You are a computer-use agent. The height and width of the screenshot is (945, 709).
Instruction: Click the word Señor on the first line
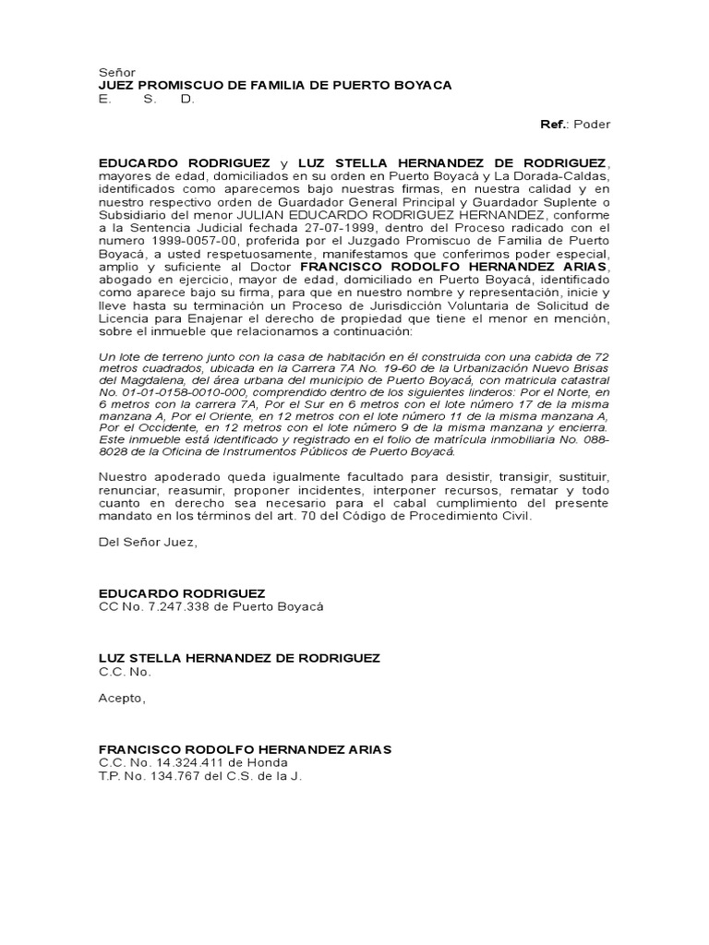[117, 71]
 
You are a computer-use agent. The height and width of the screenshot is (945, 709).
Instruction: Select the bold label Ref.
[555, 125]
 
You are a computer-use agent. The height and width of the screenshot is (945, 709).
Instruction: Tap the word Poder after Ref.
[592, 125]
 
